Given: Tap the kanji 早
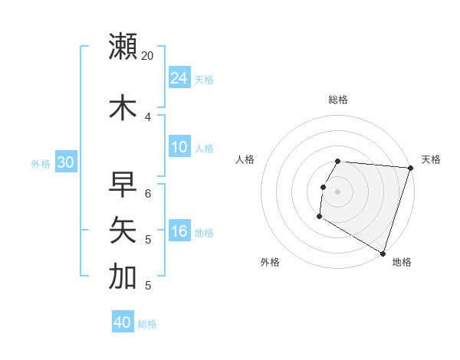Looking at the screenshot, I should click(x=123, y=185).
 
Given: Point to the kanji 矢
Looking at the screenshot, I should click(x=123, y=230).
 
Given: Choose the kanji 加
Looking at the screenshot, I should click(x=123, y=277).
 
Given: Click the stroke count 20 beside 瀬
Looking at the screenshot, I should click(x=147, y=57).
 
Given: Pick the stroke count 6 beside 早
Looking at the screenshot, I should click(x=148, y=194).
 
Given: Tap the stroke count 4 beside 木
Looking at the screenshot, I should click(x=148, y=117).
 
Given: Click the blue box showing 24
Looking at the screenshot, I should click(x=179, y=77).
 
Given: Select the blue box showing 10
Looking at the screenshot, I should click(x=179, y=147).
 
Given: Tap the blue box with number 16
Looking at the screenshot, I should click(x=179, y=232).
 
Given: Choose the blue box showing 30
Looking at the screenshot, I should click(x=65, y=162).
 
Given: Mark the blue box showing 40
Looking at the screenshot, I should click(x=123, y=322).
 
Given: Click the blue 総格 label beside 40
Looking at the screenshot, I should click(x=147, y=324).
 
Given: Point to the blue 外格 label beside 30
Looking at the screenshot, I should click(x=41, y=164).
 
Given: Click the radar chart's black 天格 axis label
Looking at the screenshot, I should click(x=431, y=159).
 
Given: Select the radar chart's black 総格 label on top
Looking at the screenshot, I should click(x=338, y=100).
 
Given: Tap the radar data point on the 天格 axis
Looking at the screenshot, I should click(x=410, y=168).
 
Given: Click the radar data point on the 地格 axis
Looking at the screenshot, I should click(x=382, y=253).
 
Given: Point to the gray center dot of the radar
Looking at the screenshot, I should click(x=338, y=191).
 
